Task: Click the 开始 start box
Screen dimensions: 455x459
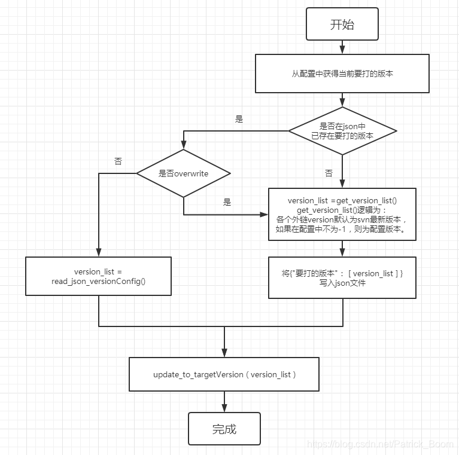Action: pos(342,25)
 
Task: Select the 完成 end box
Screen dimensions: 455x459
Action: pos(224,429)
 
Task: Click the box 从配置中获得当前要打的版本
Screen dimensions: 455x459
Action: pos(342,74)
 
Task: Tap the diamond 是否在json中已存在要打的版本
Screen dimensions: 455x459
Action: pos(342,131)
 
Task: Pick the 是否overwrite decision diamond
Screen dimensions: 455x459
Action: pos(183,173)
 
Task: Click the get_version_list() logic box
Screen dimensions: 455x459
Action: pos(342,214)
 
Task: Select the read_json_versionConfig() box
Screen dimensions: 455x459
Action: pos(98,276)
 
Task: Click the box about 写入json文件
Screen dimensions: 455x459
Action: pos(342,277)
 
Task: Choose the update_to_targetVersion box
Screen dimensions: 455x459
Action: pos(224,374)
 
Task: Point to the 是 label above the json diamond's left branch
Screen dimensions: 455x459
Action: pos(239,120)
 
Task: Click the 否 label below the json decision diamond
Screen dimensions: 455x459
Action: pos(329,173)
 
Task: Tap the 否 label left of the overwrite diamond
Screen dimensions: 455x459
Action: pos(118,161)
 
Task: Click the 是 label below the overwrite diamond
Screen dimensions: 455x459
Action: pos(227,203)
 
